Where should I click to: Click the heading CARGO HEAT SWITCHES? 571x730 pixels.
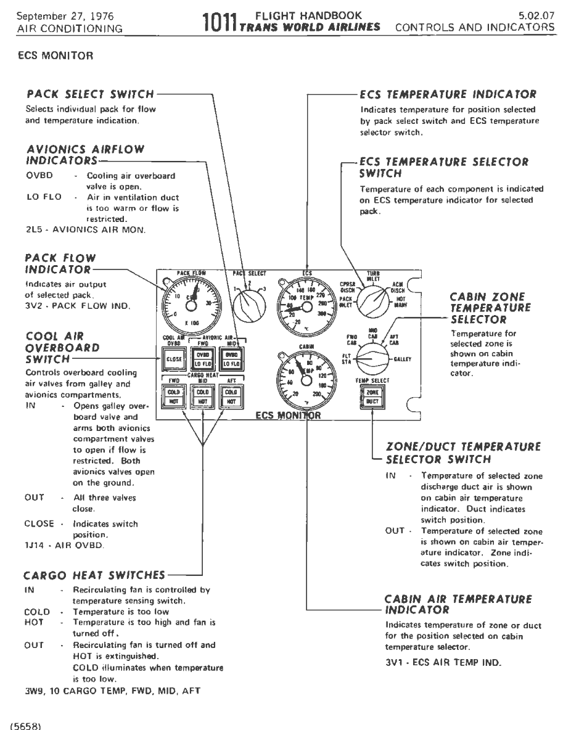pos(94,575)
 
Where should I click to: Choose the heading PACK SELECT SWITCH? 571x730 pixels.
pos(89,95)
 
